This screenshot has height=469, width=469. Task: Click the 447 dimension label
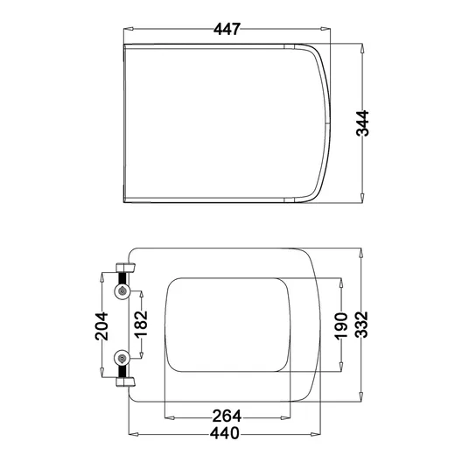point(227,29)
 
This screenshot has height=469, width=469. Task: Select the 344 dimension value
point(362,123)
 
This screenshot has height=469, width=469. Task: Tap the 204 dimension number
point(101,326)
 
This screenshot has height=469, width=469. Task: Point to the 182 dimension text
point(141,325)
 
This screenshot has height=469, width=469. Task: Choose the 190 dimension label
point(341,326)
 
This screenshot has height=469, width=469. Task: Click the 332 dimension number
point(361,325)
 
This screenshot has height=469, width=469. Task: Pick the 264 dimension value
point(227,416)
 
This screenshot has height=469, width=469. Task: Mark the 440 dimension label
point(225,433)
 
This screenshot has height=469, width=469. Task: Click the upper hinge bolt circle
point(122,290)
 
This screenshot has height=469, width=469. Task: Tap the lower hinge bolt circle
point(122,358)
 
